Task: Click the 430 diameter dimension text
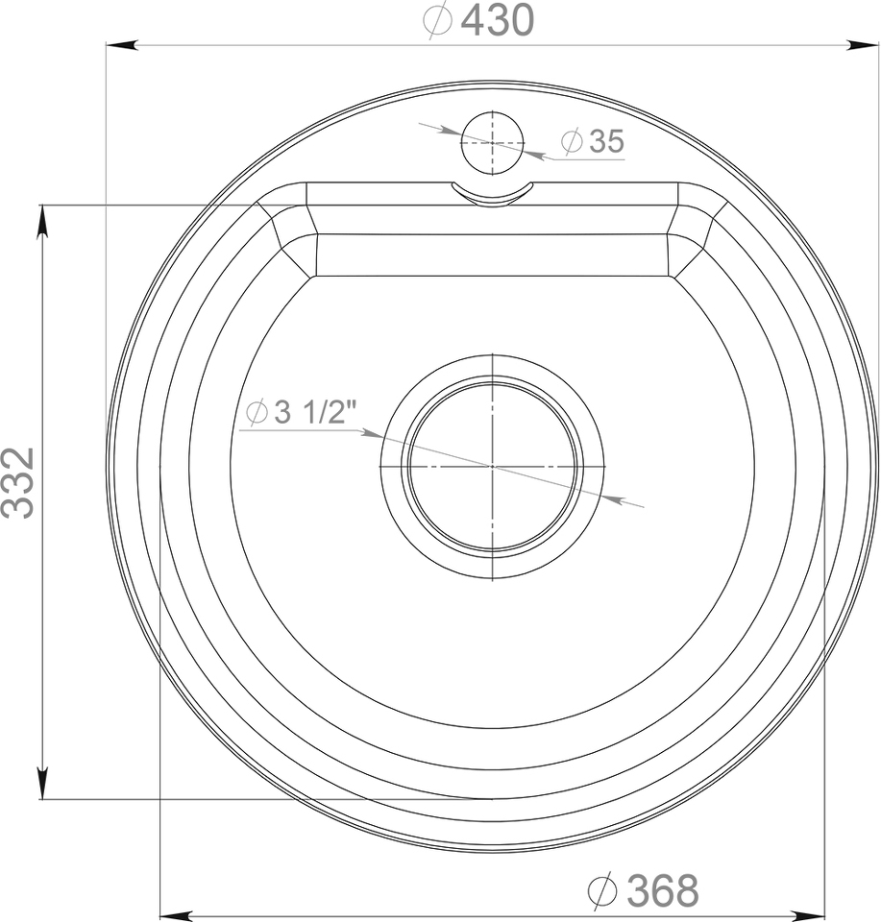tap(478, 20)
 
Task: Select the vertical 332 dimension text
tap(18, 483)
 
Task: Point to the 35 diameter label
tap(592, 141)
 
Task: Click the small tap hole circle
tap(492, 143)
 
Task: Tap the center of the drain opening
tap(493, 467)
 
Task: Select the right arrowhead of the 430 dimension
tap(862, 45)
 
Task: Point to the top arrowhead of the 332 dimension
tap(42, 222)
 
